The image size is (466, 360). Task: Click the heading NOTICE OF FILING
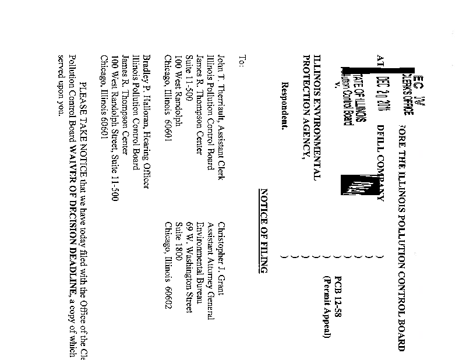(x=263, y=231)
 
